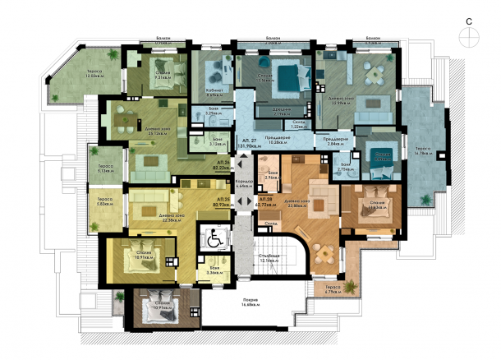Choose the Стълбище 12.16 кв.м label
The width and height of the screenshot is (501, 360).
pyautogui.click(x=286, y=260)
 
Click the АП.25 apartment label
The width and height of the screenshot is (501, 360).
pyautogui.click(x=222, y=200)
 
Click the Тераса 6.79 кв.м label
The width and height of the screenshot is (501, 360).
pyautogui.click(x=332, y=288)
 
